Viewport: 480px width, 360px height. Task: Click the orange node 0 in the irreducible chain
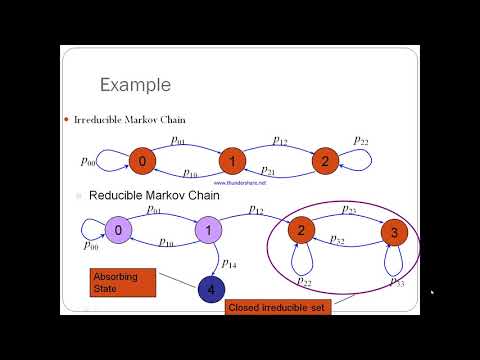pyautogui.click(x=143, y=160)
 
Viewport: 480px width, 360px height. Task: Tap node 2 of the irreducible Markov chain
pyautogui.click(x=323, y=160)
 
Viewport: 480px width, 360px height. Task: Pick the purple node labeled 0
pyautogui.click(x=118, y=231)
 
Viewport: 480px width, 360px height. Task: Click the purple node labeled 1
pyautogui.click(x=206, y=231)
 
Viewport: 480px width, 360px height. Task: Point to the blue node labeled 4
pyautogui.click(x=211, y=290)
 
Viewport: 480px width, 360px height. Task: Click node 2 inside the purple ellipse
pyautogui.click(x=299, y=231)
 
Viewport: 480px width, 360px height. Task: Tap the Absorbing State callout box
pyautogui.click(x=123, y=281)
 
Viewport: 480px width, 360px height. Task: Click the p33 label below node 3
pyautogui.click(x=396, y=282)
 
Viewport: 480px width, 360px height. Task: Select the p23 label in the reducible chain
pyautogui.click(x=350, y=211)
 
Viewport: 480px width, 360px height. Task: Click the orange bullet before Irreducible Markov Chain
pyautogui.click(x=66, y=121)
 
